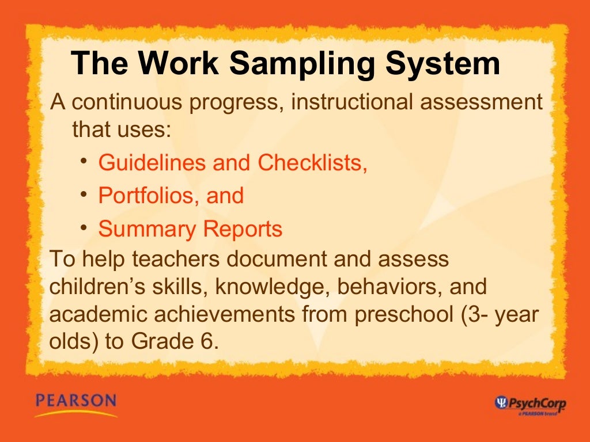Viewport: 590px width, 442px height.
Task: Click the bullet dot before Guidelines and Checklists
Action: point(84,159)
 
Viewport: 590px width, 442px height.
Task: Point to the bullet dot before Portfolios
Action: point(84,193)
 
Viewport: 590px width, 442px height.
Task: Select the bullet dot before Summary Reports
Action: point(84,226)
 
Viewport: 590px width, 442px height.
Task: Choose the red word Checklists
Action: point(312,163)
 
